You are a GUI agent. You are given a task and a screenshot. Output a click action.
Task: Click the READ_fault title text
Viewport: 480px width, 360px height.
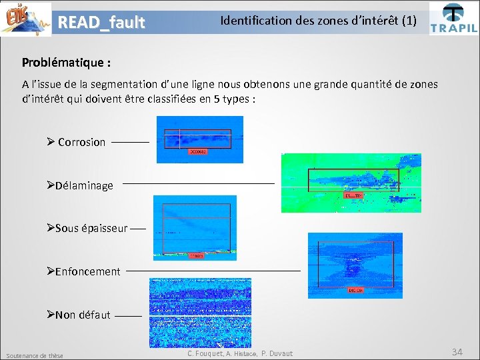pos(101,23)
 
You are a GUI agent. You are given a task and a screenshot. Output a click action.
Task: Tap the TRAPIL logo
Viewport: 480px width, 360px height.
pos(453,18)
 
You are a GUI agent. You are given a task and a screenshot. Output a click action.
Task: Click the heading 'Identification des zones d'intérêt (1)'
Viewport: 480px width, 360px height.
pos(318,21)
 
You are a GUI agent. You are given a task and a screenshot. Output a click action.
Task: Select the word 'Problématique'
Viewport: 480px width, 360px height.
pos(62,63)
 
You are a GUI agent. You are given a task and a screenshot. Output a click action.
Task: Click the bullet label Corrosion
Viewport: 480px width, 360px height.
pos(81,142)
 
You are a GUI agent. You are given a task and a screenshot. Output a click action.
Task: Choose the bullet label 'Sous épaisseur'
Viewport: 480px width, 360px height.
pos(91,228)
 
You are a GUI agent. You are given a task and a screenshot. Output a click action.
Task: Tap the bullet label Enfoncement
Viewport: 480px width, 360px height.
pos(87,271)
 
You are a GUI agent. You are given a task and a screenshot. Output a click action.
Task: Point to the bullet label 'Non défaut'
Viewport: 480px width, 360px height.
pos(83,315)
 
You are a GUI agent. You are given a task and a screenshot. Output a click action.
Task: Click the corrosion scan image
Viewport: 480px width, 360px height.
pos(199,139)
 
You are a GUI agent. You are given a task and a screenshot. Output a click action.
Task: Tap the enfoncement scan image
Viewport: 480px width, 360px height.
pos(355,265)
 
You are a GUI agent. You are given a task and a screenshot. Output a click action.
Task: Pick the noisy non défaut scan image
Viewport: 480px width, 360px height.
pos(200,312)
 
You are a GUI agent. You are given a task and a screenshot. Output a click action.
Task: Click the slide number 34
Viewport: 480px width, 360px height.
pos(457,351)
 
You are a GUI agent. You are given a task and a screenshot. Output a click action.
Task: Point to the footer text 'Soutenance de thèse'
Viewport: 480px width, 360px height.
pos(34,355)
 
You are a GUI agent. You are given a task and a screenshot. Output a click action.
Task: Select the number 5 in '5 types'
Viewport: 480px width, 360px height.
pos(215,99)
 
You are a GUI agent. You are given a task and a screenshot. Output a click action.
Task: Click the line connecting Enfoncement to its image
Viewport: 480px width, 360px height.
pos(213,271)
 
